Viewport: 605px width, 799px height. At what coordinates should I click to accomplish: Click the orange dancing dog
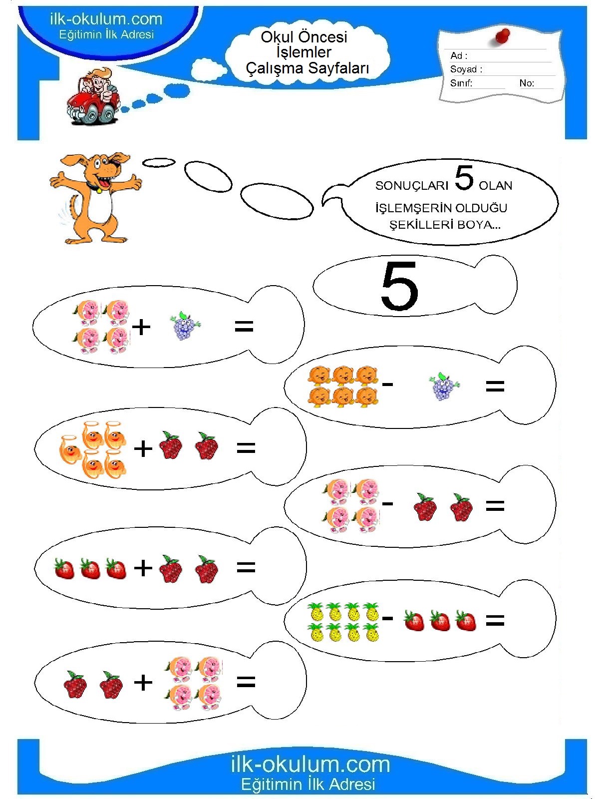click(x=95, y=197)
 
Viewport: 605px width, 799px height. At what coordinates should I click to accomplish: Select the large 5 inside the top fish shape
click(x=399, y=286)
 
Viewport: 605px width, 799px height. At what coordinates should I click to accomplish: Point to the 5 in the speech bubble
click(x=464, y=177)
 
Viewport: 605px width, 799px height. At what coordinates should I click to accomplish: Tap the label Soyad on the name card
click(x=463, y=69)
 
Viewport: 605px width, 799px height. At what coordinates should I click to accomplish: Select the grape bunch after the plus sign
click(x=185, y=326)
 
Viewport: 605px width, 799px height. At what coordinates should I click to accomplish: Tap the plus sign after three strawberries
click(x=143, y=568)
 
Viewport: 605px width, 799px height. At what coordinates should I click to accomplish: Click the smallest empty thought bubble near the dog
click(x=159, y=162)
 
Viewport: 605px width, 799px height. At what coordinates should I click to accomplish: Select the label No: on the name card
click(x=527, y=83)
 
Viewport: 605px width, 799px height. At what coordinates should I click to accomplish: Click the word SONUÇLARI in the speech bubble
click(x=411, y=186)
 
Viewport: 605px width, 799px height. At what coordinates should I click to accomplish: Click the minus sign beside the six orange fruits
click(x=387, y=384)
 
